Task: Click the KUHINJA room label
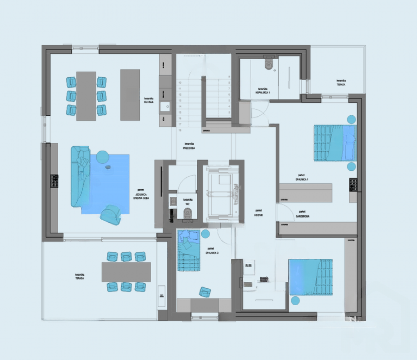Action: tap(149, 100)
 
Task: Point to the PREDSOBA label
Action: tap(189, 146)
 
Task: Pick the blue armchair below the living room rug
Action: tap(111, 215)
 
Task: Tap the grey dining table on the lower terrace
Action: tap(126, 272)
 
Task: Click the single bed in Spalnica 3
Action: tap(189, 251)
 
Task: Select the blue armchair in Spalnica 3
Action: tap(205, 292)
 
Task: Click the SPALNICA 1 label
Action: tap(302, 178)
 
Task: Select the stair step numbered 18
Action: tap(180, 130)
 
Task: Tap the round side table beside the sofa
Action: tap(103, 157)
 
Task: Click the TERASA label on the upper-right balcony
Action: tap(341, 83)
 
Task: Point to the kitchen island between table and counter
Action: tap(130, 94)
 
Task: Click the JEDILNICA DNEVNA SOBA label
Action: tap(141, 194)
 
